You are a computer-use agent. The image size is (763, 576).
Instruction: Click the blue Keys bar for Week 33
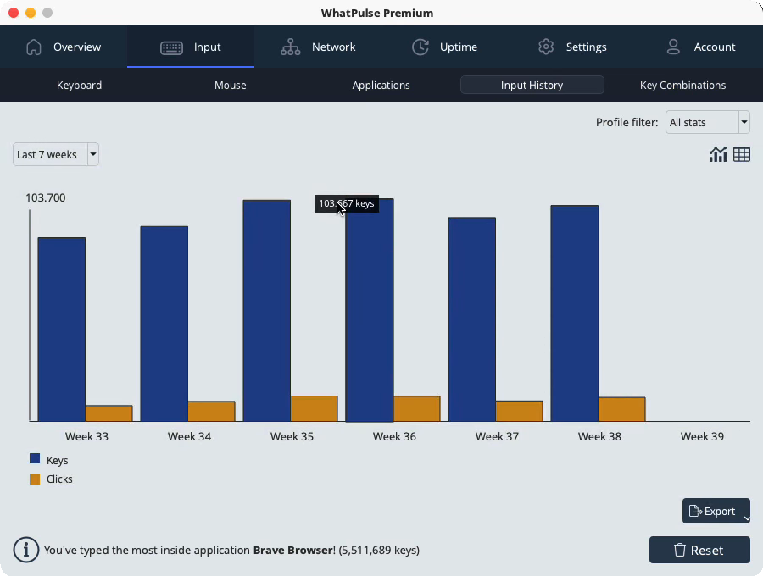tap(62, 329)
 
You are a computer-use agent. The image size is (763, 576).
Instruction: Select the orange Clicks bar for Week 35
tap(315, 408)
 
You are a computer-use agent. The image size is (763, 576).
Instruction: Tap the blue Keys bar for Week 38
tap(575, 313)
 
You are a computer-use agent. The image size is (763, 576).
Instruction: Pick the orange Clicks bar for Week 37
tap(519, 411)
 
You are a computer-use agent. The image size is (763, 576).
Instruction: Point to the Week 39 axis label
tap(702, 436)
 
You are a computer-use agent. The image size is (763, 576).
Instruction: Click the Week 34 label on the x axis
tap(189, 436)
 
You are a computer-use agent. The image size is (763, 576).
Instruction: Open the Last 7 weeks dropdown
tap(56, 154)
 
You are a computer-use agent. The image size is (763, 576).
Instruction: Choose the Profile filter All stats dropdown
tap(708, 122)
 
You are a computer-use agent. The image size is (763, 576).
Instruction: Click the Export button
tap(716, 511)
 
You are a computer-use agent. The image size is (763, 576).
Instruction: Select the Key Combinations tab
tap(682, 85)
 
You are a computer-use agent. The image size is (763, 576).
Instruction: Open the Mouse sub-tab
tap(230, 85)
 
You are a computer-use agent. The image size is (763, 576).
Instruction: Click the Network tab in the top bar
tap(318, 47)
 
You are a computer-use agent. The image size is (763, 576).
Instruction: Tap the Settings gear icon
tap(546, 47)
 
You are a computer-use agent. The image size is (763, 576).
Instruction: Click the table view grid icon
tap(742, 154)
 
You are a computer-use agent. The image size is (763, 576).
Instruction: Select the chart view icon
tap(718, 154)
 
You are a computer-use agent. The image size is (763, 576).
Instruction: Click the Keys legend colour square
tap(35, 458)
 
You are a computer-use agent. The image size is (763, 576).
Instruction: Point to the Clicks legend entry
tap(51, 479)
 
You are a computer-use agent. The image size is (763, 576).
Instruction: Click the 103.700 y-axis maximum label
tap(45, 198)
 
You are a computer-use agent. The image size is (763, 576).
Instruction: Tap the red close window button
tap(14, 13)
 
